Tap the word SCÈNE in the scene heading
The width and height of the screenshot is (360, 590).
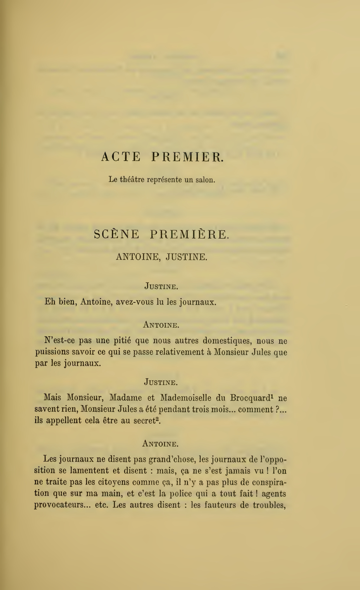[x=116, y=234]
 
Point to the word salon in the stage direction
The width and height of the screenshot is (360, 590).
[x=205, y=180]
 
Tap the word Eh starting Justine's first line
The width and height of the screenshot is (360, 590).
[x=50, y=302]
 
